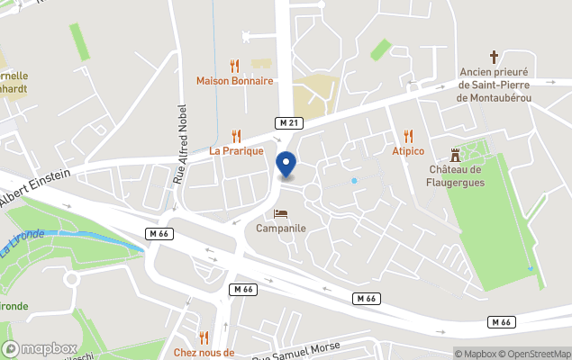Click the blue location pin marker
click(286, 166)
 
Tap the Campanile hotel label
click(281, 228)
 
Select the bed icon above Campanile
click(281, 213)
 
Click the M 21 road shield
click(286, 121)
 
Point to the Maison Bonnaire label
click(235, 80)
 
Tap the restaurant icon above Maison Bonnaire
click(235, 65)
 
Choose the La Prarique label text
click(236, 150)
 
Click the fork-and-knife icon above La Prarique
click(236, 135)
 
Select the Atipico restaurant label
click(408, 150)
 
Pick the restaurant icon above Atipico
click(408, 136)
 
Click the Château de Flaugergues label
click(457, 175)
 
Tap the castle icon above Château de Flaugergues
click(456, 155)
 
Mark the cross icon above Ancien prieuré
click(494, 56)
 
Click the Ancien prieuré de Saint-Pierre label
click(494, 84)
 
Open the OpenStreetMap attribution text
click(534, 354)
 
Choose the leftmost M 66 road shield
click(159, 233)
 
